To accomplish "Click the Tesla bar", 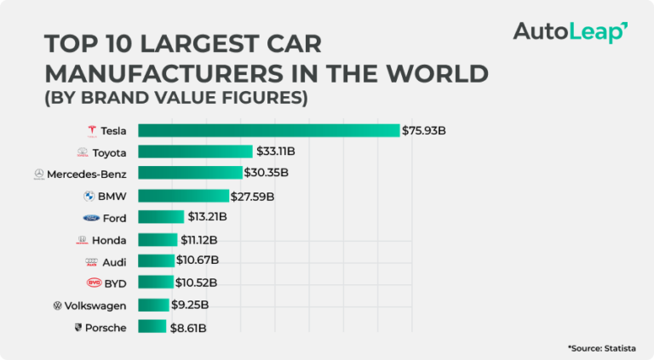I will coord(268,130).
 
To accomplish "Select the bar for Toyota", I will coord(195,151).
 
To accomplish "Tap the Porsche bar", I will coord(152,327).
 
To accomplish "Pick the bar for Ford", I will coord(161,217).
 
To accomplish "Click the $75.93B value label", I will coord(424,130).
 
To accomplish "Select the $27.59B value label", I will coord(252,196).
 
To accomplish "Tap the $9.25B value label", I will coord(190,305).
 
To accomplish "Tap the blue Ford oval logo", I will coord(91,218).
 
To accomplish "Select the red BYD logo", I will coord(93,283).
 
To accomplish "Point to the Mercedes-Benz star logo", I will coord(38,174).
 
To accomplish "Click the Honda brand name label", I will coord(109,240).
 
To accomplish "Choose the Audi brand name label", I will coord(114,261).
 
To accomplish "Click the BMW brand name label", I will coord(112,196).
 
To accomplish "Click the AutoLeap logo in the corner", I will coord(570,32).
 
